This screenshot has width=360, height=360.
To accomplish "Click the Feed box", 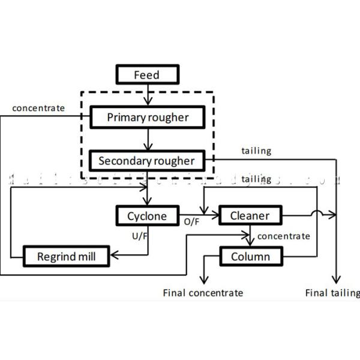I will (146, 75).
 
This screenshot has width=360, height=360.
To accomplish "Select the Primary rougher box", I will (147, 117).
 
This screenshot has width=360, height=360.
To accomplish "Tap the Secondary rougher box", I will (146, 160).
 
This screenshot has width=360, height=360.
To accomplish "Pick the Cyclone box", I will (148, 215).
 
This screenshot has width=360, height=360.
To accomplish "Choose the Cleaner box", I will (250, 215).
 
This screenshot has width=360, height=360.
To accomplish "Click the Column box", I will (250, 257).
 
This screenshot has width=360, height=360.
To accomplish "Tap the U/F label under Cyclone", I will (139, 236).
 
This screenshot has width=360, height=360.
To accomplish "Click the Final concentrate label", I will (203, 293).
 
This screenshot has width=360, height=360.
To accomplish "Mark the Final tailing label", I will (332, 293).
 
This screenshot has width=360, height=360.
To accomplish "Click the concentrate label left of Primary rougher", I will (40, 108).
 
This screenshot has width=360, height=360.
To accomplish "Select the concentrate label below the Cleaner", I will (283, 236).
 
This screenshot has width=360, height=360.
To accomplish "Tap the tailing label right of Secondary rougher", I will (256, 151).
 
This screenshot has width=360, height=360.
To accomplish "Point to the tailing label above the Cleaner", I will (256, 179).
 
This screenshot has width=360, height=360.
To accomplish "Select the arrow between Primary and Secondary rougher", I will (146, 139).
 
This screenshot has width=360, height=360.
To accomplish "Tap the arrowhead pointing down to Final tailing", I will (337, 280).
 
